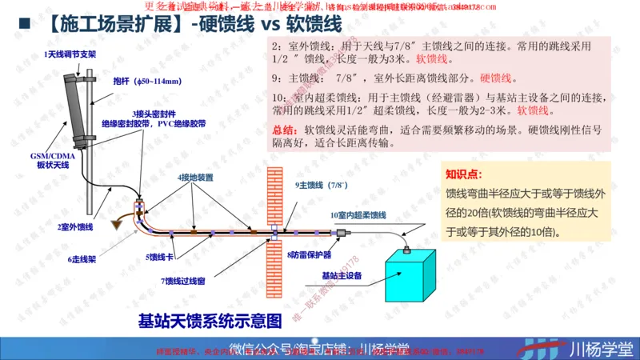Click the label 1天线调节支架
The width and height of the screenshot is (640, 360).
click(70, 53)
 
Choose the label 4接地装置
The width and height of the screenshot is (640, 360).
click(195, 177)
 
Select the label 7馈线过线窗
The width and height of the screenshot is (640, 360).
click(182, 281)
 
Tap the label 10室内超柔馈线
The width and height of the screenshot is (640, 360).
click(358, 215)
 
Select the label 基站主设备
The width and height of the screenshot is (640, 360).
click(342, 275)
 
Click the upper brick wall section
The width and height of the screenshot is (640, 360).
click(274, 192)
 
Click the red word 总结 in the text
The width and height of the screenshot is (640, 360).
click(283, 130)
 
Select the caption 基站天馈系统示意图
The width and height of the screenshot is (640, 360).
click(210, 322)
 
